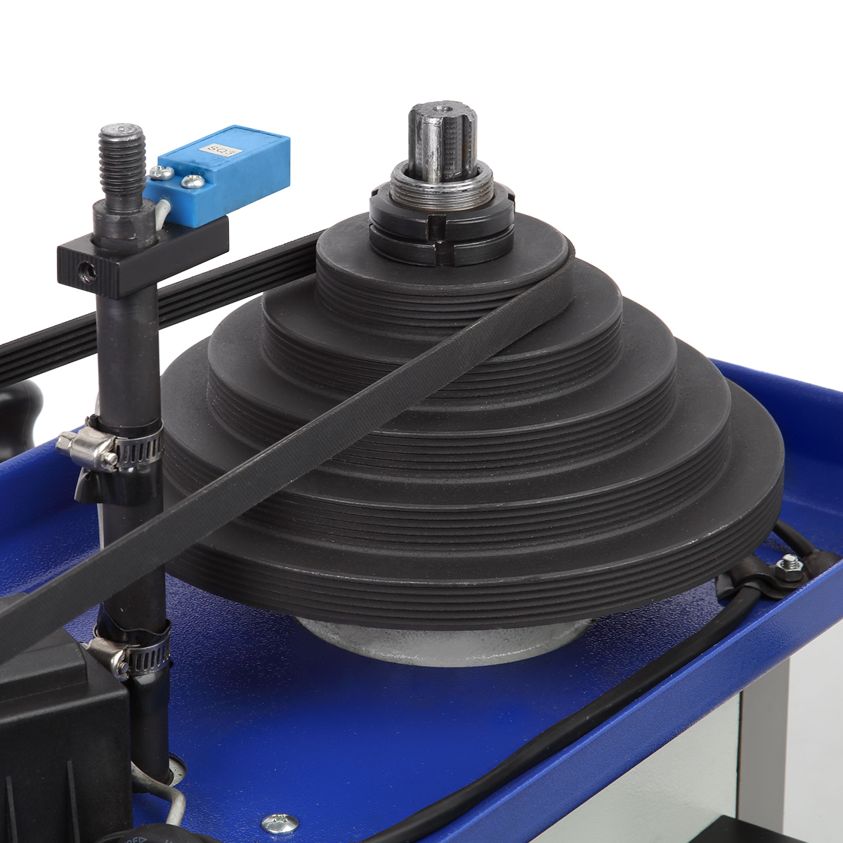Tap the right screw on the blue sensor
192,181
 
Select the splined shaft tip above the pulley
443,141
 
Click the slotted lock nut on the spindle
442,228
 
